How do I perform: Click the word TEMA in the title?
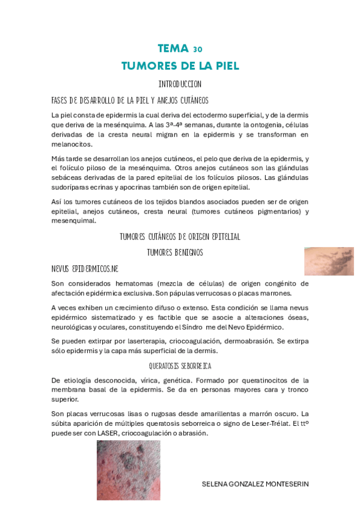coord(172,48)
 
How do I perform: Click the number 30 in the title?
coord(198,49)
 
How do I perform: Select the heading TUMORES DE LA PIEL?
coord(180,65)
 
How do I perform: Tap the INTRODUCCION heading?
coord(180,84)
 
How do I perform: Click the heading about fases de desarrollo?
coord(130,99)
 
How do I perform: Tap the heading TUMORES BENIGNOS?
coord(175,252)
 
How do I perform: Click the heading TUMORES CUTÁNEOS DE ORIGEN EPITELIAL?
coord(180,237)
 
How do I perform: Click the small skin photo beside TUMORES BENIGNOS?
coord(328,261)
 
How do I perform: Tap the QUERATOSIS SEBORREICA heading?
coord(180,365)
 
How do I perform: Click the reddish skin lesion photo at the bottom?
coord(128,470)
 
